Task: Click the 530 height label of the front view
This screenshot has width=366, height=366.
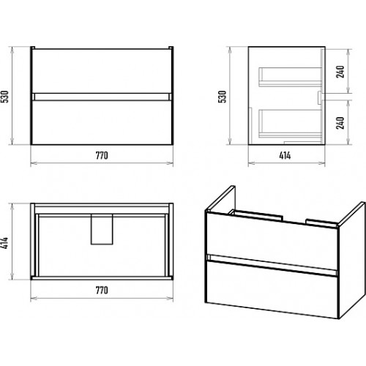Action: coord(5,97)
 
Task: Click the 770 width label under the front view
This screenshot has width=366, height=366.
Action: coord(102,155)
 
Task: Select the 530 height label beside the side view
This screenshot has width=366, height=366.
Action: coord(223,97)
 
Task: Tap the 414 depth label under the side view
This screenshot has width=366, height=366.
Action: coord(285,155)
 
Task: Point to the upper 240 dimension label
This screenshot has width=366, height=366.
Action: coord(340,72)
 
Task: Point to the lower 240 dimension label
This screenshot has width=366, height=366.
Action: coord(340,123)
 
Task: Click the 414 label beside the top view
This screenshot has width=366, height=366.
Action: coord(5,243)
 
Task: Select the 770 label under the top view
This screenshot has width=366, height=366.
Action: coord(102,290)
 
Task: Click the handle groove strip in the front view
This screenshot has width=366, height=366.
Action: coord(102,97)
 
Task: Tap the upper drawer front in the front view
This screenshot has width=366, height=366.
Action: coord(102,71)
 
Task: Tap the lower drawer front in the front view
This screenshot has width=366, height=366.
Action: coord(102,122)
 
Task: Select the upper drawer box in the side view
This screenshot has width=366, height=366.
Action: coord(291,77)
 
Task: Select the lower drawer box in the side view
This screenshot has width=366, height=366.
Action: coord(291,124)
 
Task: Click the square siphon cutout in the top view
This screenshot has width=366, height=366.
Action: coord(102,229)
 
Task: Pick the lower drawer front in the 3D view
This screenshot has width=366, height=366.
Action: coord(272,290)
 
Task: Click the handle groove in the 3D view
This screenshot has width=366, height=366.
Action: coord(272,265)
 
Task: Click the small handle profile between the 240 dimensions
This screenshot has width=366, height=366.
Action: coord(320,98)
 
